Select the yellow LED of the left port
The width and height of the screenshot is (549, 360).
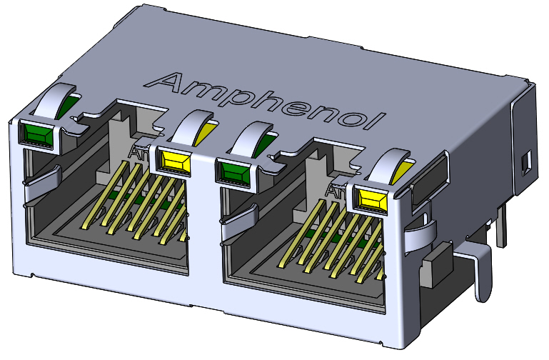tap(174, 160)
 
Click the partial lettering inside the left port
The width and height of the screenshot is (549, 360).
tap(138, 151)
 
